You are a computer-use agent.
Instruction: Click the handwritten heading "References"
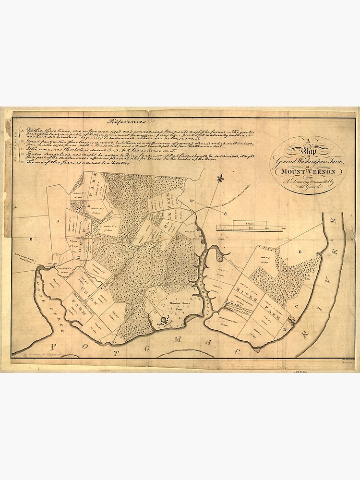click(127, 121)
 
